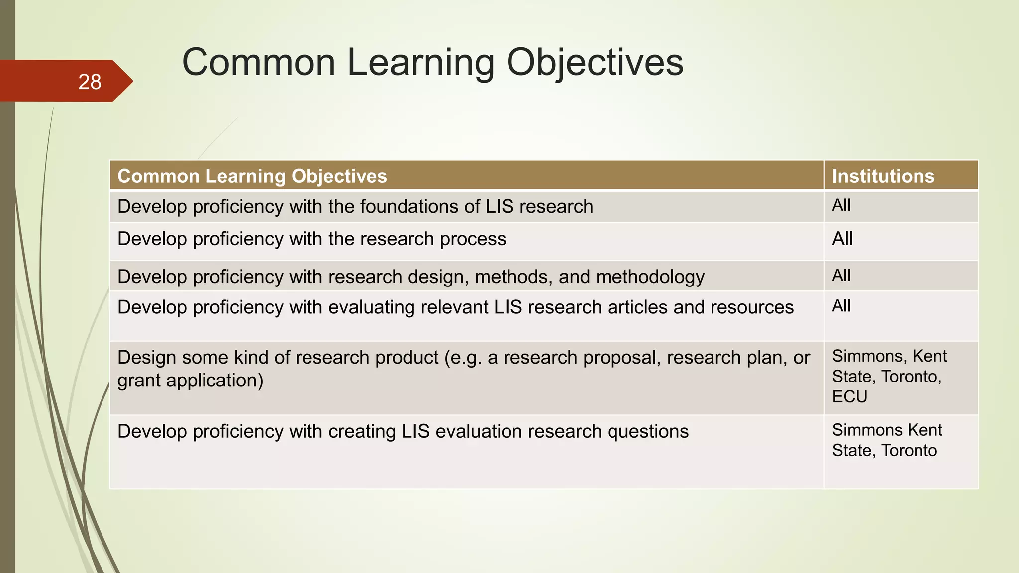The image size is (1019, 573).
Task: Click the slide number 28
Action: tap(90, 82)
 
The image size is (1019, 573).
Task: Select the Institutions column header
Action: tap(883, 176)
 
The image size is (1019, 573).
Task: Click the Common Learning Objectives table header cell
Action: tap(252, 176)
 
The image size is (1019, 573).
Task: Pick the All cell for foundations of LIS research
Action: tap(841, 205)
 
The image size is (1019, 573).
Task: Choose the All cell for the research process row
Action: tap(842, 239)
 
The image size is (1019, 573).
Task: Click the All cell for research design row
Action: tap(841, 275)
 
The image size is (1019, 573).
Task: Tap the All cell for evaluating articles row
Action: tap(841, 306)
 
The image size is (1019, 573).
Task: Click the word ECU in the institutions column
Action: tap(850, 397)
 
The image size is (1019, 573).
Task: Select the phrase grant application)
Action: tap(190, 381)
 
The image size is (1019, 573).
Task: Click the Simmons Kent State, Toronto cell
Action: tap(887, 440)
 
